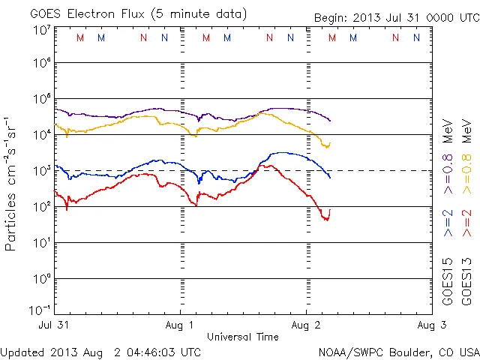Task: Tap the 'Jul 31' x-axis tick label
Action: (55, 325)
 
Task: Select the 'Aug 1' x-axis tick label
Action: (181, 325)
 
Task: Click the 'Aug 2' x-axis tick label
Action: (306, 325)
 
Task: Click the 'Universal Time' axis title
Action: (243, 337)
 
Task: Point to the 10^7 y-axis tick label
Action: (40, 31)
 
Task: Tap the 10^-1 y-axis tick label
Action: (40, 309)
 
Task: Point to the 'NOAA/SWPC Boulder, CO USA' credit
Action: (398, 352)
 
